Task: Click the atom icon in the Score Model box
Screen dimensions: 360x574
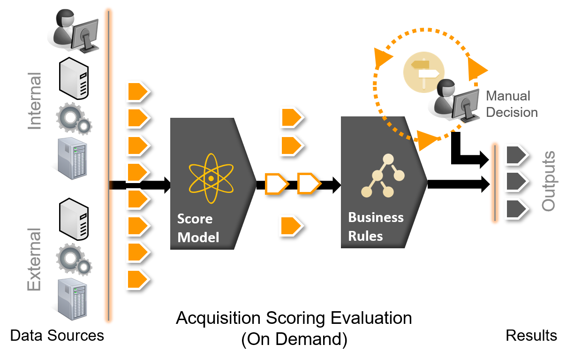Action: tap(211, 179)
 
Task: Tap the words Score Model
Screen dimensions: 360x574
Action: tap(198, 228)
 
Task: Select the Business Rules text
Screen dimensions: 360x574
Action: tap(375, 226)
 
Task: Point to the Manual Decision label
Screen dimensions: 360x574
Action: tap(512, 104)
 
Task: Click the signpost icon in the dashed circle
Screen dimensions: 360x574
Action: tap(424, 72)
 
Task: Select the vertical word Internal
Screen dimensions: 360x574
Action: tap(34, 101)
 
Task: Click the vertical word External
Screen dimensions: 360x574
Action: tap(34, 260)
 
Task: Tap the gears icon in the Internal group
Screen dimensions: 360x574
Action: tap(74, 119)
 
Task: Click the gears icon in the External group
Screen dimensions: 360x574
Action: tap(74, 260)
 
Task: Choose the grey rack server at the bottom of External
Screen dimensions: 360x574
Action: tap(71, 299)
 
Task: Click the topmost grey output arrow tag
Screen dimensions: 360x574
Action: tap(516, 155)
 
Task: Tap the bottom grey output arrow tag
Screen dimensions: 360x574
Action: tap(516, 208)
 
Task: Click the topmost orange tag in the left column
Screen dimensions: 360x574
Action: tap(137, 91)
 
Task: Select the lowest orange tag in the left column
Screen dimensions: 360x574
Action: tap(137, 279)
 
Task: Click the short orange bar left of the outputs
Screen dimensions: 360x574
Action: tap(494, 183)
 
